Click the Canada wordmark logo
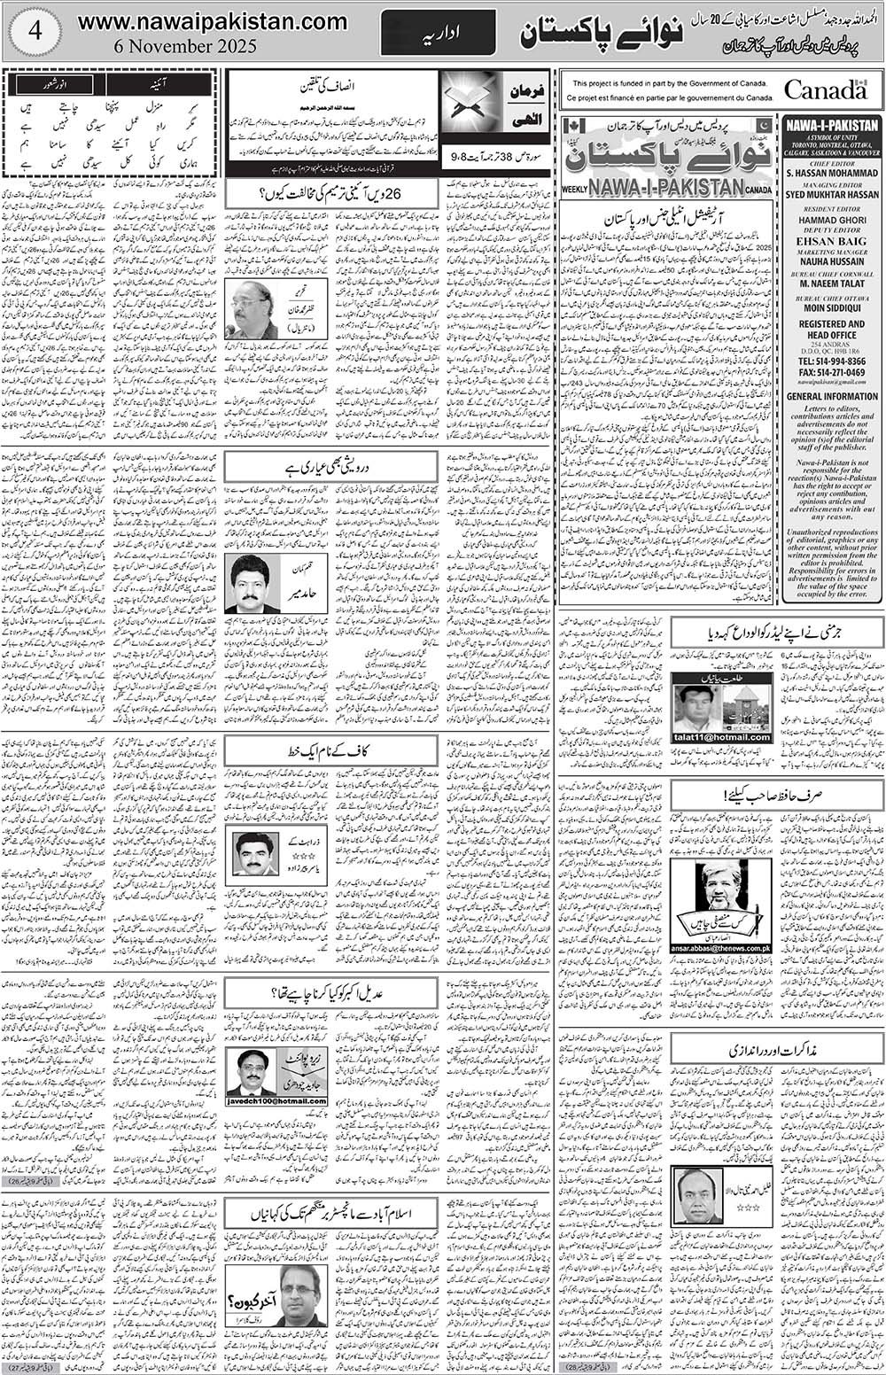click(x=824, y=89)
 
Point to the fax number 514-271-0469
click(x=832, y=375)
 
